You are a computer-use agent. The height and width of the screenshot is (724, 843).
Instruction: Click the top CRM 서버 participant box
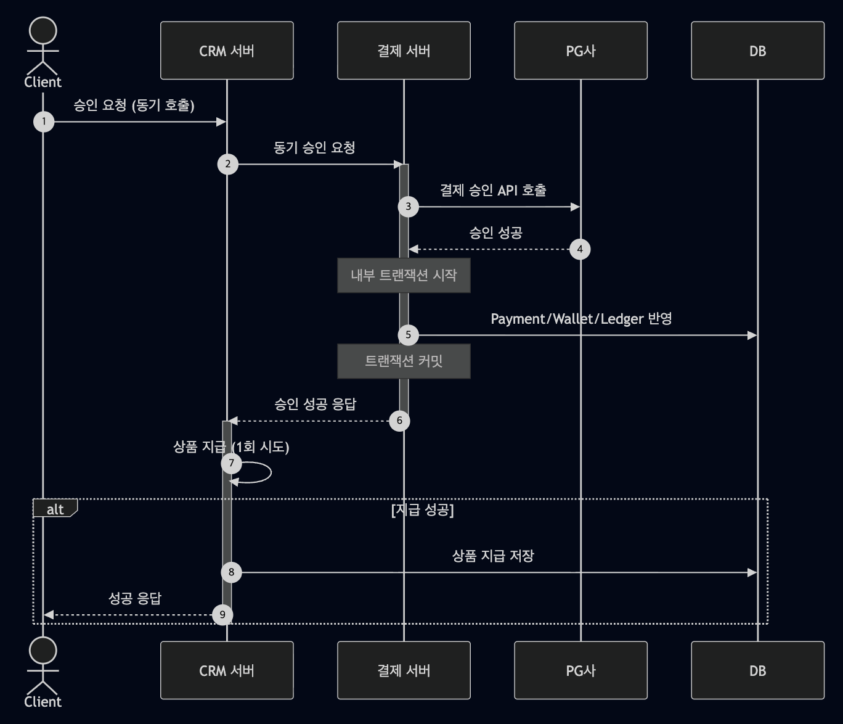[227, 51]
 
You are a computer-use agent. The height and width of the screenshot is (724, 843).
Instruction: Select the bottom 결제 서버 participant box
[404, 670]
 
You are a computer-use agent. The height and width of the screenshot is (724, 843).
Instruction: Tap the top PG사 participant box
[580, 51]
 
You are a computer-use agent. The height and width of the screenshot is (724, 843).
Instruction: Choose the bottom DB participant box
[757, 670]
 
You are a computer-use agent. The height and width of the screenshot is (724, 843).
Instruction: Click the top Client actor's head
[43, 31]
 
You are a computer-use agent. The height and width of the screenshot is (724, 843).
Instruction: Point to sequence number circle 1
[44, 121]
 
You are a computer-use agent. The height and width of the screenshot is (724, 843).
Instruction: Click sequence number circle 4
[580, 249]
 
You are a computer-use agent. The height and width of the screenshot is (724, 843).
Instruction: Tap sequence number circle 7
[231, 463]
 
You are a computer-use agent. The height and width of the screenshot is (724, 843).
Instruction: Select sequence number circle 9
[222, 615]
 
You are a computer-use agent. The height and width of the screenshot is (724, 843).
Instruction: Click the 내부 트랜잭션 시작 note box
[404, 275]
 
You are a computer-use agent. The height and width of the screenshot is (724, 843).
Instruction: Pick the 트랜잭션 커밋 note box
[404, 361]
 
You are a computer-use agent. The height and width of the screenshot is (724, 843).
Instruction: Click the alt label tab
[55, 509]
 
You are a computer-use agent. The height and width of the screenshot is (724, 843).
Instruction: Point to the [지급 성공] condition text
[422, 510]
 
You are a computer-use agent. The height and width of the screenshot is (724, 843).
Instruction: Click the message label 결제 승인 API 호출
[493, 190]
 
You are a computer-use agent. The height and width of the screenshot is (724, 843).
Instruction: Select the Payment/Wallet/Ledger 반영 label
[581, 319]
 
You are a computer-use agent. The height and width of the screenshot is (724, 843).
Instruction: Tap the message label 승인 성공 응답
[315, 404]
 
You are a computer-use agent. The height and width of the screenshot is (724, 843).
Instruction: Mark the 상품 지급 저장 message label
[493, 556]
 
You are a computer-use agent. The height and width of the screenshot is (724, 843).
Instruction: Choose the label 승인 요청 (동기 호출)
[134, 105]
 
